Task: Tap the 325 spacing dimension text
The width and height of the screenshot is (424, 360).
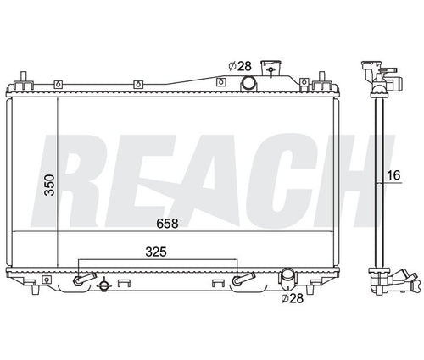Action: coord(154,252)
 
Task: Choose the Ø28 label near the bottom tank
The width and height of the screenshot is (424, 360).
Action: coord(293,298)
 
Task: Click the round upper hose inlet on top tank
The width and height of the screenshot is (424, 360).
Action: coord(248,83)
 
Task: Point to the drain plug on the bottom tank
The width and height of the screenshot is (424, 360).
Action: coord(103,285)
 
